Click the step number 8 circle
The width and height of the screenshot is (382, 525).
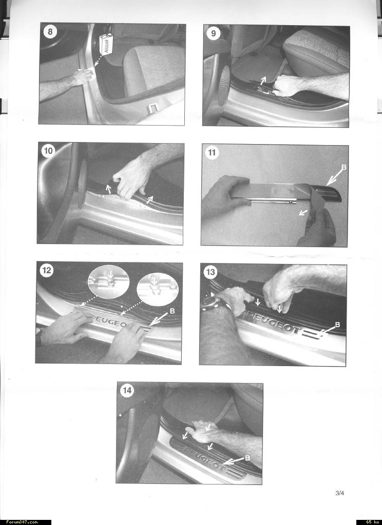(x=50, y=32)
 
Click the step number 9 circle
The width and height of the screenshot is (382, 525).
(x=213, y=34)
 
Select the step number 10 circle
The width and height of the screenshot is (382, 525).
(x=48, y=151)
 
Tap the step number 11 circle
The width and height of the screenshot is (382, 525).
(x=212, y=153)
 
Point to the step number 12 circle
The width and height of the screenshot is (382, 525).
(x=47, y=270)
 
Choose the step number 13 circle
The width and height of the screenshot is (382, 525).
(x=210, y=272)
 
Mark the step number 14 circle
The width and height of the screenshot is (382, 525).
(x=127, y=390)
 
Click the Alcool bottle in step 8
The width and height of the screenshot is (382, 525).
(x=106, y=44)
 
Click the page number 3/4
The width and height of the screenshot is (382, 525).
(x=340, y=493)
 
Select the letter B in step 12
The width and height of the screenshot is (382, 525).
(x=173, y=311)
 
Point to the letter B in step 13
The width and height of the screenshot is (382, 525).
(x=337, y=325)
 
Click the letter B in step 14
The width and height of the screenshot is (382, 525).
(x=247, y=458)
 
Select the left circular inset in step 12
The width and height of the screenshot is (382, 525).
(x=108, y=281)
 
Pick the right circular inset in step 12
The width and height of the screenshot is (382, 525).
(x=158, y=289)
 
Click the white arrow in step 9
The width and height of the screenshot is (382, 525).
(x=263, y=80)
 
